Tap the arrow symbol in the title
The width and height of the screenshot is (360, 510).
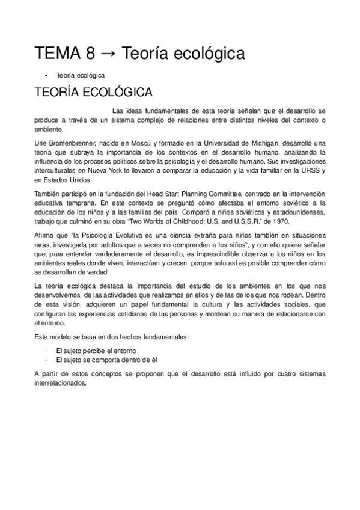point(106,55)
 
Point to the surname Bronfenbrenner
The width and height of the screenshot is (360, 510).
point(67,143)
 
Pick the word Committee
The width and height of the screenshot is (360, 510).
point(222,194)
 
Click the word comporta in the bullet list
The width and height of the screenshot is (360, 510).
point(100,359)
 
